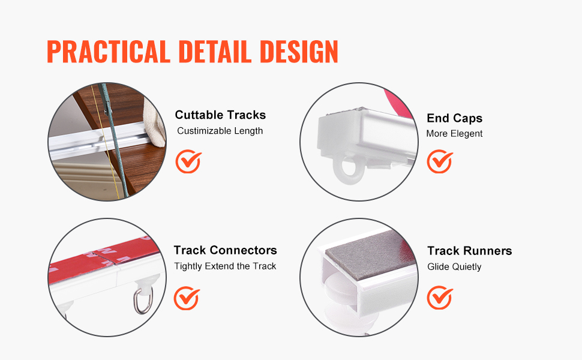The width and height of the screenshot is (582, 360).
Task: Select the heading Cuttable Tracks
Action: [x=220, y=115]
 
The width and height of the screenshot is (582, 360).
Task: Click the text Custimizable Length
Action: [x=220, y=131]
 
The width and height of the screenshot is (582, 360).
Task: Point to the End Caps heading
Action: [x=454, y=118]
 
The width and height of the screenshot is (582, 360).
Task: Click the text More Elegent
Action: [x=454, y=134]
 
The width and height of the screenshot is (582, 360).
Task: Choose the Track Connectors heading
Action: [x=226, y=250]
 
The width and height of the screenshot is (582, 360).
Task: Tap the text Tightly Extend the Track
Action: [x=225, y=266]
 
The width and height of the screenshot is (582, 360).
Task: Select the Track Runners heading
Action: [x=470, y=251]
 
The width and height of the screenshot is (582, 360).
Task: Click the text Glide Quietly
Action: [x=454, y=267]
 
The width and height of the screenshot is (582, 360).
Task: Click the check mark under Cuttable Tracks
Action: [x=188, y=161]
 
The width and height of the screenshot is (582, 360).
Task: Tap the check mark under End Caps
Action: [x=440, y=161]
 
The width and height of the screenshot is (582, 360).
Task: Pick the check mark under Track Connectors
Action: [x=187, y=298]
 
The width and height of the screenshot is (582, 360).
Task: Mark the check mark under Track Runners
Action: [x=440, y=298]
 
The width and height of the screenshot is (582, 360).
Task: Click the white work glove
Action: [x=155, y=122]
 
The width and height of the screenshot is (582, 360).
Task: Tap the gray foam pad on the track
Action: [x=370, y=254]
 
